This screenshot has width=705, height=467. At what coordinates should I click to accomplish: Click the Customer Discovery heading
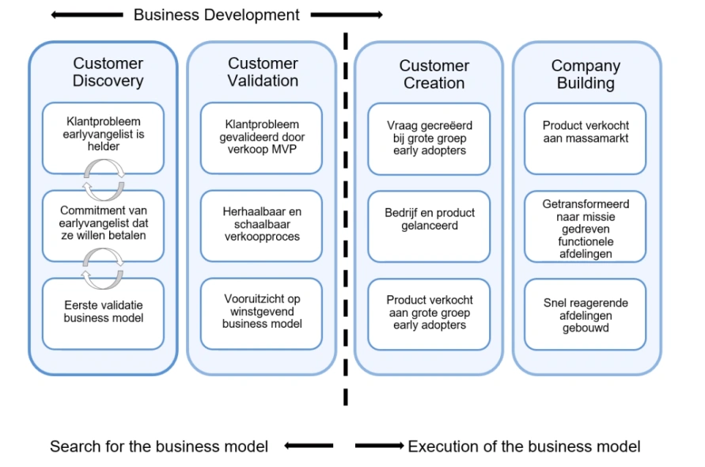(108, 72)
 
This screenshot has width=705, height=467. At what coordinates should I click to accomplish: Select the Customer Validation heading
(263, 72)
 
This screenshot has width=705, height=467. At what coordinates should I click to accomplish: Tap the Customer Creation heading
(434, 74)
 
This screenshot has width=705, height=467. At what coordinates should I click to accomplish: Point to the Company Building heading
(586, 74)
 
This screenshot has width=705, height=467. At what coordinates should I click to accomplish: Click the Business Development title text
(216, 15)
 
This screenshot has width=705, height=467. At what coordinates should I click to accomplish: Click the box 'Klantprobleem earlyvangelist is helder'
(103, 136)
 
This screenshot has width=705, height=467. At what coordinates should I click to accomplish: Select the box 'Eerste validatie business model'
(103, 311)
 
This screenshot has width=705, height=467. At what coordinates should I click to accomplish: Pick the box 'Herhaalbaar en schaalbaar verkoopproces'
(261, 224)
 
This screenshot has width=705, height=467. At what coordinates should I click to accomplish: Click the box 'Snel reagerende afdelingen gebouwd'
(586, 315)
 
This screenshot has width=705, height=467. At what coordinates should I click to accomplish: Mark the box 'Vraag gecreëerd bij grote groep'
(430, 138)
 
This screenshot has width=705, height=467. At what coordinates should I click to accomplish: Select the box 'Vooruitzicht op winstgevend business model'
(261, 311)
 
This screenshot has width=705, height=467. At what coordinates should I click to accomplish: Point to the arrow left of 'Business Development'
(87, 15)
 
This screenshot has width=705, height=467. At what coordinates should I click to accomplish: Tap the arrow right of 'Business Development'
(347, 15)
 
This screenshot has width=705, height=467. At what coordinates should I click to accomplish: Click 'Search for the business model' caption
(159, 446)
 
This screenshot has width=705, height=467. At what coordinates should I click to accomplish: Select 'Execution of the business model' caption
(524, 446)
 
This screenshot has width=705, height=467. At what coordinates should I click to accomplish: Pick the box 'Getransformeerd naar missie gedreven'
(586, 229)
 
